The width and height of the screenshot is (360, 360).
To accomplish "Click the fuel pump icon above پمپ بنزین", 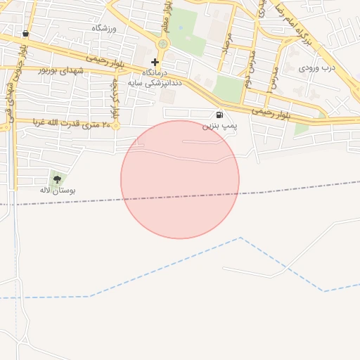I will coord(220,115).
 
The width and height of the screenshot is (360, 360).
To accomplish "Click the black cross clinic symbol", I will coord(155,62).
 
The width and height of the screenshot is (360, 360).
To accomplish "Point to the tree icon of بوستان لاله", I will coord(57,179).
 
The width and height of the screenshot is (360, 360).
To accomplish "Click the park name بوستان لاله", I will coord(57,190).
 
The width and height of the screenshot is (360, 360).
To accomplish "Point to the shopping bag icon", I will coord(26,33).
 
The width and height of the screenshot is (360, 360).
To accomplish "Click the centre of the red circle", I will coord(180,179).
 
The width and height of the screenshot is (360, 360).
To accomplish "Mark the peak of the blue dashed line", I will coord(240,237).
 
